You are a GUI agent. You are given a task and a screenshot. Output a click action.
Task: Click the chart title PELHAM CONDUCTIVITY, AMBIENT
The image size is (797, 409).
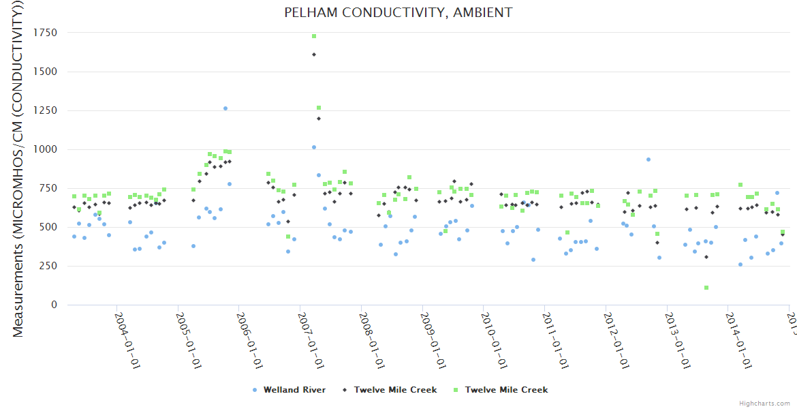398,12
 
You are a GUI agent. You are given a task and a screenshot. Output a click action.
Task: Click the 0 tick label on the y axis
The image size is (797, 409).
54,305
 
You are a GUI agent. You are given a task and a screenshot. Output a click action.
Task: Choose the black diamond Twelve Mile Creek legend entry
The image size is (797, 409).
390,390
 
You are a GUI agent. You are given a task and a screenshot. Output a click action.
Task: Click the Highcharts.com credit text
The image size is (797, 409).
765,404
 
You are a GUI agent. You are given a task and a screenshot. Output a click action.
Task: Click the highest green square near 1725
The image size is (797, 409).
314,36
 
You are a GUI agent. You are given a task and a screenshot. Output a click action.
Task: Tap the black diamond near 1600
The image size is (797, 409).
314,55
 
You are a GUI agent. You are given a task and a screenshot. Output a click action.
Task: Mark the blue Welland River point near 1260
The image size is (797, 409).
225,108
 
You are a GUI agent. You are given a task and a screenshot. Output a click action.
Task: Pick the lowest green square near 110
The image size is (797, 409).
706,288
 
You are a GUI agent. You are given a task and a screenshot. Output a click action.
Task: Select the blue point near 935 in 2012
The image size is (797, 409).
648,160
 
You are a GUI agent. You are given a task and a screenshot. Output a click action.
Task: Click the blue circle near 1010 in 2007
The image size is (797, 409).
314,147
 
